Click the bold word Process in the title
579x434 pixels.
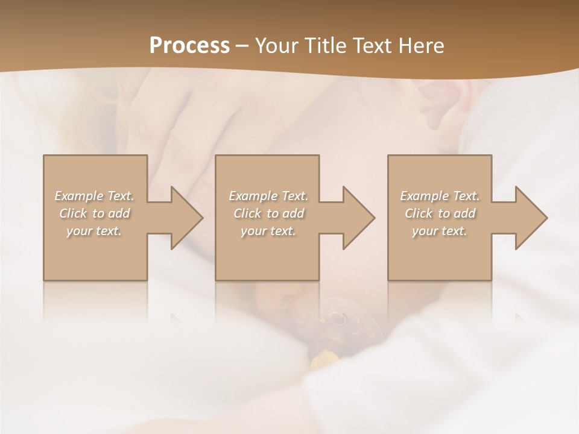pos(189,46)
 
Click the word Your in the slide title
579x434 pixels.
pos(276,46)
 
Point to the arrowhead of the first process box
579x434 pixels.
pos(185,218)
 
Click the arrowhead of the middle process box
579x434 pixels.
pos(356,218)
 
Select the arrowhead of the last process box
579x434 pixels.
pos(529,218)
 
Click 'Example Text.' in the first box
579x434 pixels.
pos(94,196)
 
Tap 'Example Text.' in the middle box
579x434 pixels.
pos(268,196)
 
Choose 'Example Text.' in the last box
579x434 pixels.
pos(440,196)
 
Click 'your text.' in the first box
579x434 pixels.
pos(94,231)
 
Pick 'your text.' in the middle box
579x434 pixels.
pos(268,231)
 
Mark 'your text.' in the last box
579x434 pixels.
pos(440,231)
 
